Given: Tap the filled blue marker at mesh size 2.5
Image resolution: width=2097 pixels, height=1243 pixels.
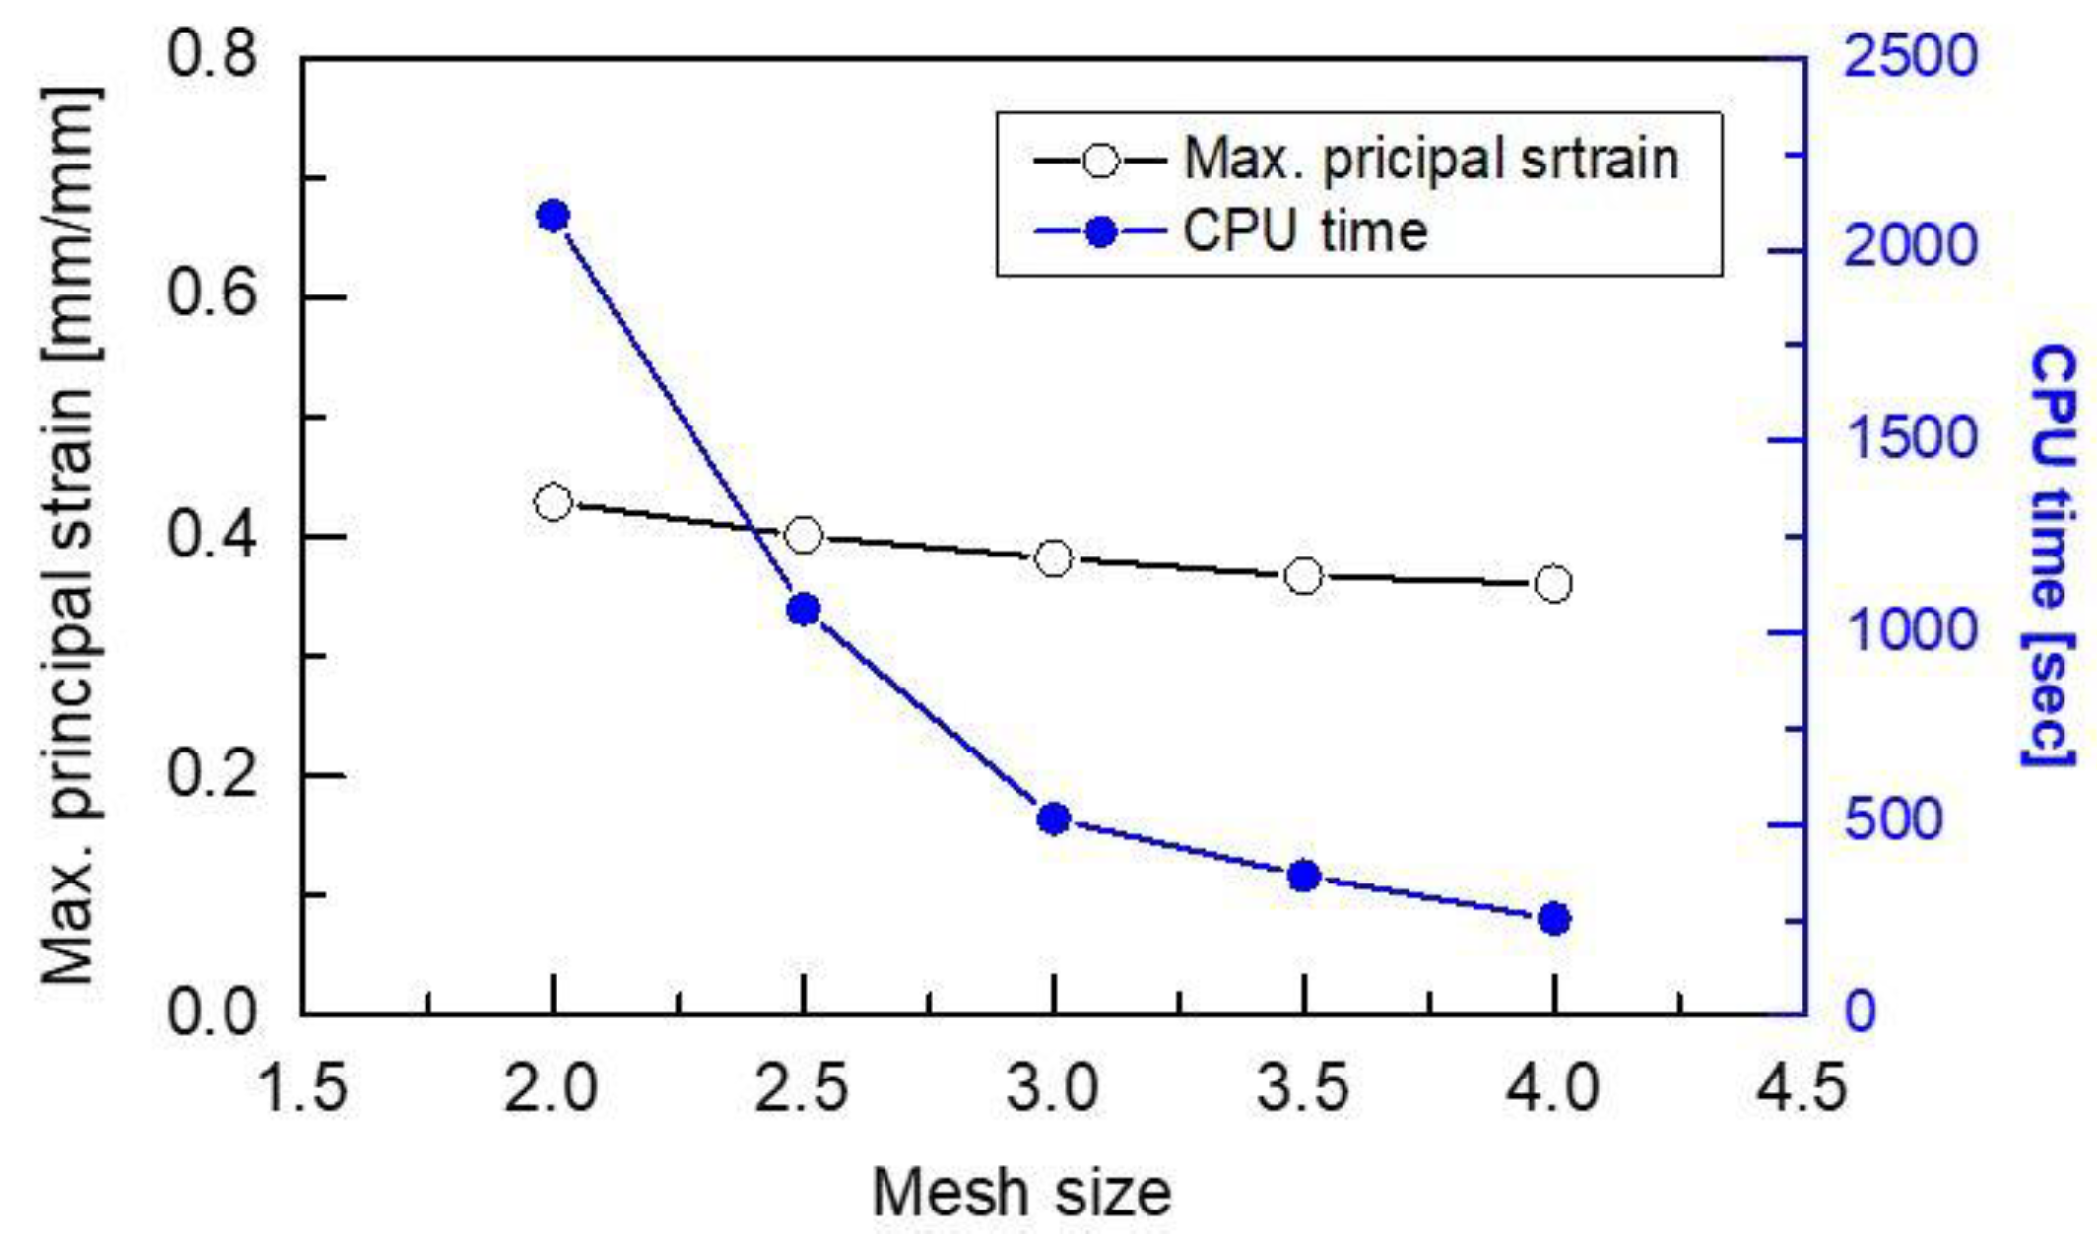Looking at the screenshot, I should click(803, 610).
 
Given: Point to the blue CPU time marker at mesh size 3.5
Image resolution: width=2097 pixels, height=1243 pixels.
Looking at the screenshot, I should click(1303, 876).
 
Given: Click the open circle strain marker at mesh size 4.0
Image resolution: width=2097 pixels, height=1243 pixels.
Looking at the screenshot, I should click(1553, 584).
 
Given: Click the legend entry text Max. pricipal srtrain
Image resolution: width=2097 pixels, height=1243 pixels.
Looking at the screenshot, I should click(1430, 159).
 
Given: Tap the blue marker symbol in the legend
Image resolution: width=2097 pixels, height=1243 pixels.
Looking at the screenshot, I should click(1101, 232).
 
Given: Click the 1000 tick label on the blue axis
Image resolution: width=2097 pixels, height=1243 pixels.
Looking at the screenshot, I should click(1909, 630).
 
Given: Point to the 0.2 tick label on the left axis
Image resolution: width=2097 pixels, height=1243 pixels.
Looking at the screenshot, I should click(212, 774).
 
